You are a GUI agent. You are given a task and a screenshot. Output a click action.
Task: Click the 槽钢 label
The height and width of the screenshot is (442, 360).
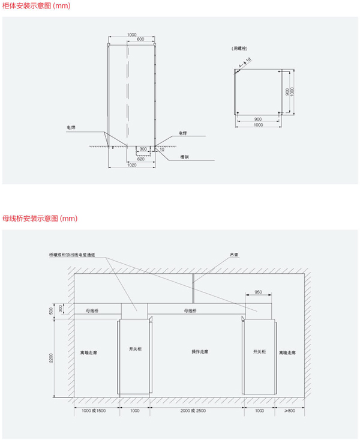click(x=185, y=158)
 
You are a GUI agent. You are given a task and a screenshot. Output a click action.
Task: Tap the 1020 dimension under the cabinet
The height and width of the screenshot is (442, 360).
click(x=132, y=165)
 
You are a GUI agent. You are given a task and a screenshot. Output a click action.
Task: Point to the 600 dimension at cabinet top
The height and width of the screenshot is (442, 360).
click(x=140, y=40)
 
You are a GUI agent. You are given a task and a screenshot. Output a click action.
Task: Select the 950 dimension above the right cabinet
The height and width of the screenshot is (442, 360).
click(x=258, y=292)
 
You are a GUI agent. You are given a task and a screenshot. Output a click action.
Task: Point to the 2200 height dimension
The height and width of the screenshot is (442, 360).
click(x=53, y=359)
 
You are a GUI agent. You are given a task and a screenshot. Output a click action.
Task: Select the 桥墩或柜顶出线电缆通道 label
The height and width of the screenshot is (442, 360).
click(x=76, y=254)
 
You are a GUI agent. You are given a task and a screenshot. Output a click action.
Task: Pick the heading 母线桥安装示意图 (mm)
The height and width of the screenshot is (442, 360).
click(x=40, y=218)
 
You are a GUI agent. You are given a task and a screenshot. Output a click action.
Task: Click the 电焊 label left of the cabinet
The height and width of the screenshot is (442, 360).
click(x=71, y=127)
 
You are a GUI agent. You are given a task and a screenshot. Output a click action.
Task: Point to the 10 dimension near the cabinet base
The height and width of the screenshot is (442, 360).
click(x=162, y=148)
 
